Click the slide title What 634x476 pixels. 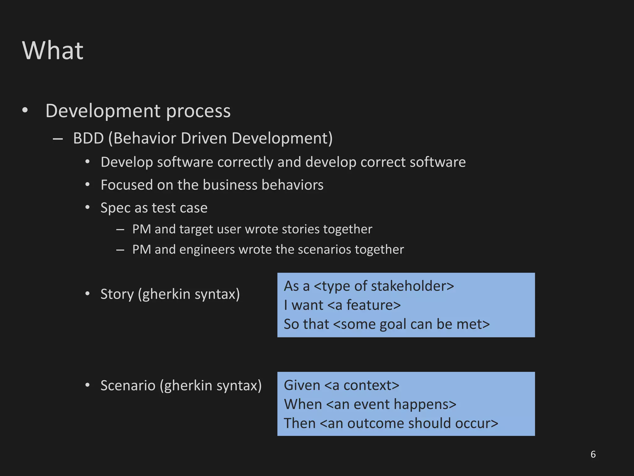(x=53, y=51)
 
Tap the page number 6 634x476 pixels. (x=593, y=454)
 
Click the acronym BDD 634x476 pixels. (x=88, y=138)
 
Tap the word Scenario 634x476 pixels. (x=128, y=386)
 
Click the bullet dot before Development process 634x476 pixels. (x=25, y=110)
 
